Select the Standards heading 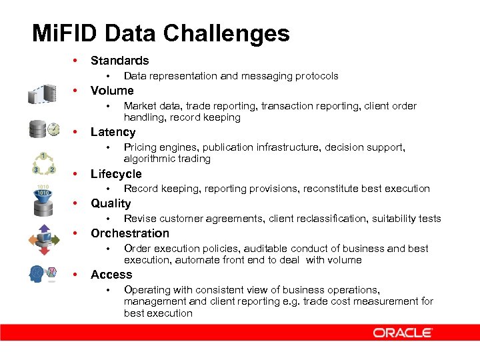(x=119, y=61)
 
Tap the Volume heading (x=112, y=91)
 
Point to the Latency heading (x=113, y=132)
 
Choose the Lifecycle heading (x=116, y=174)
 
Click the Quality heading (x=111, y=203)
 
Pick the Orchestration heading (x=130, y=233)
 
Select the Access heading (x=111, y=275)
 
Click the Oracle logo (x=403, y=333)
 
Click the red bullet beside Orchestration (x=77, y=233)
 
